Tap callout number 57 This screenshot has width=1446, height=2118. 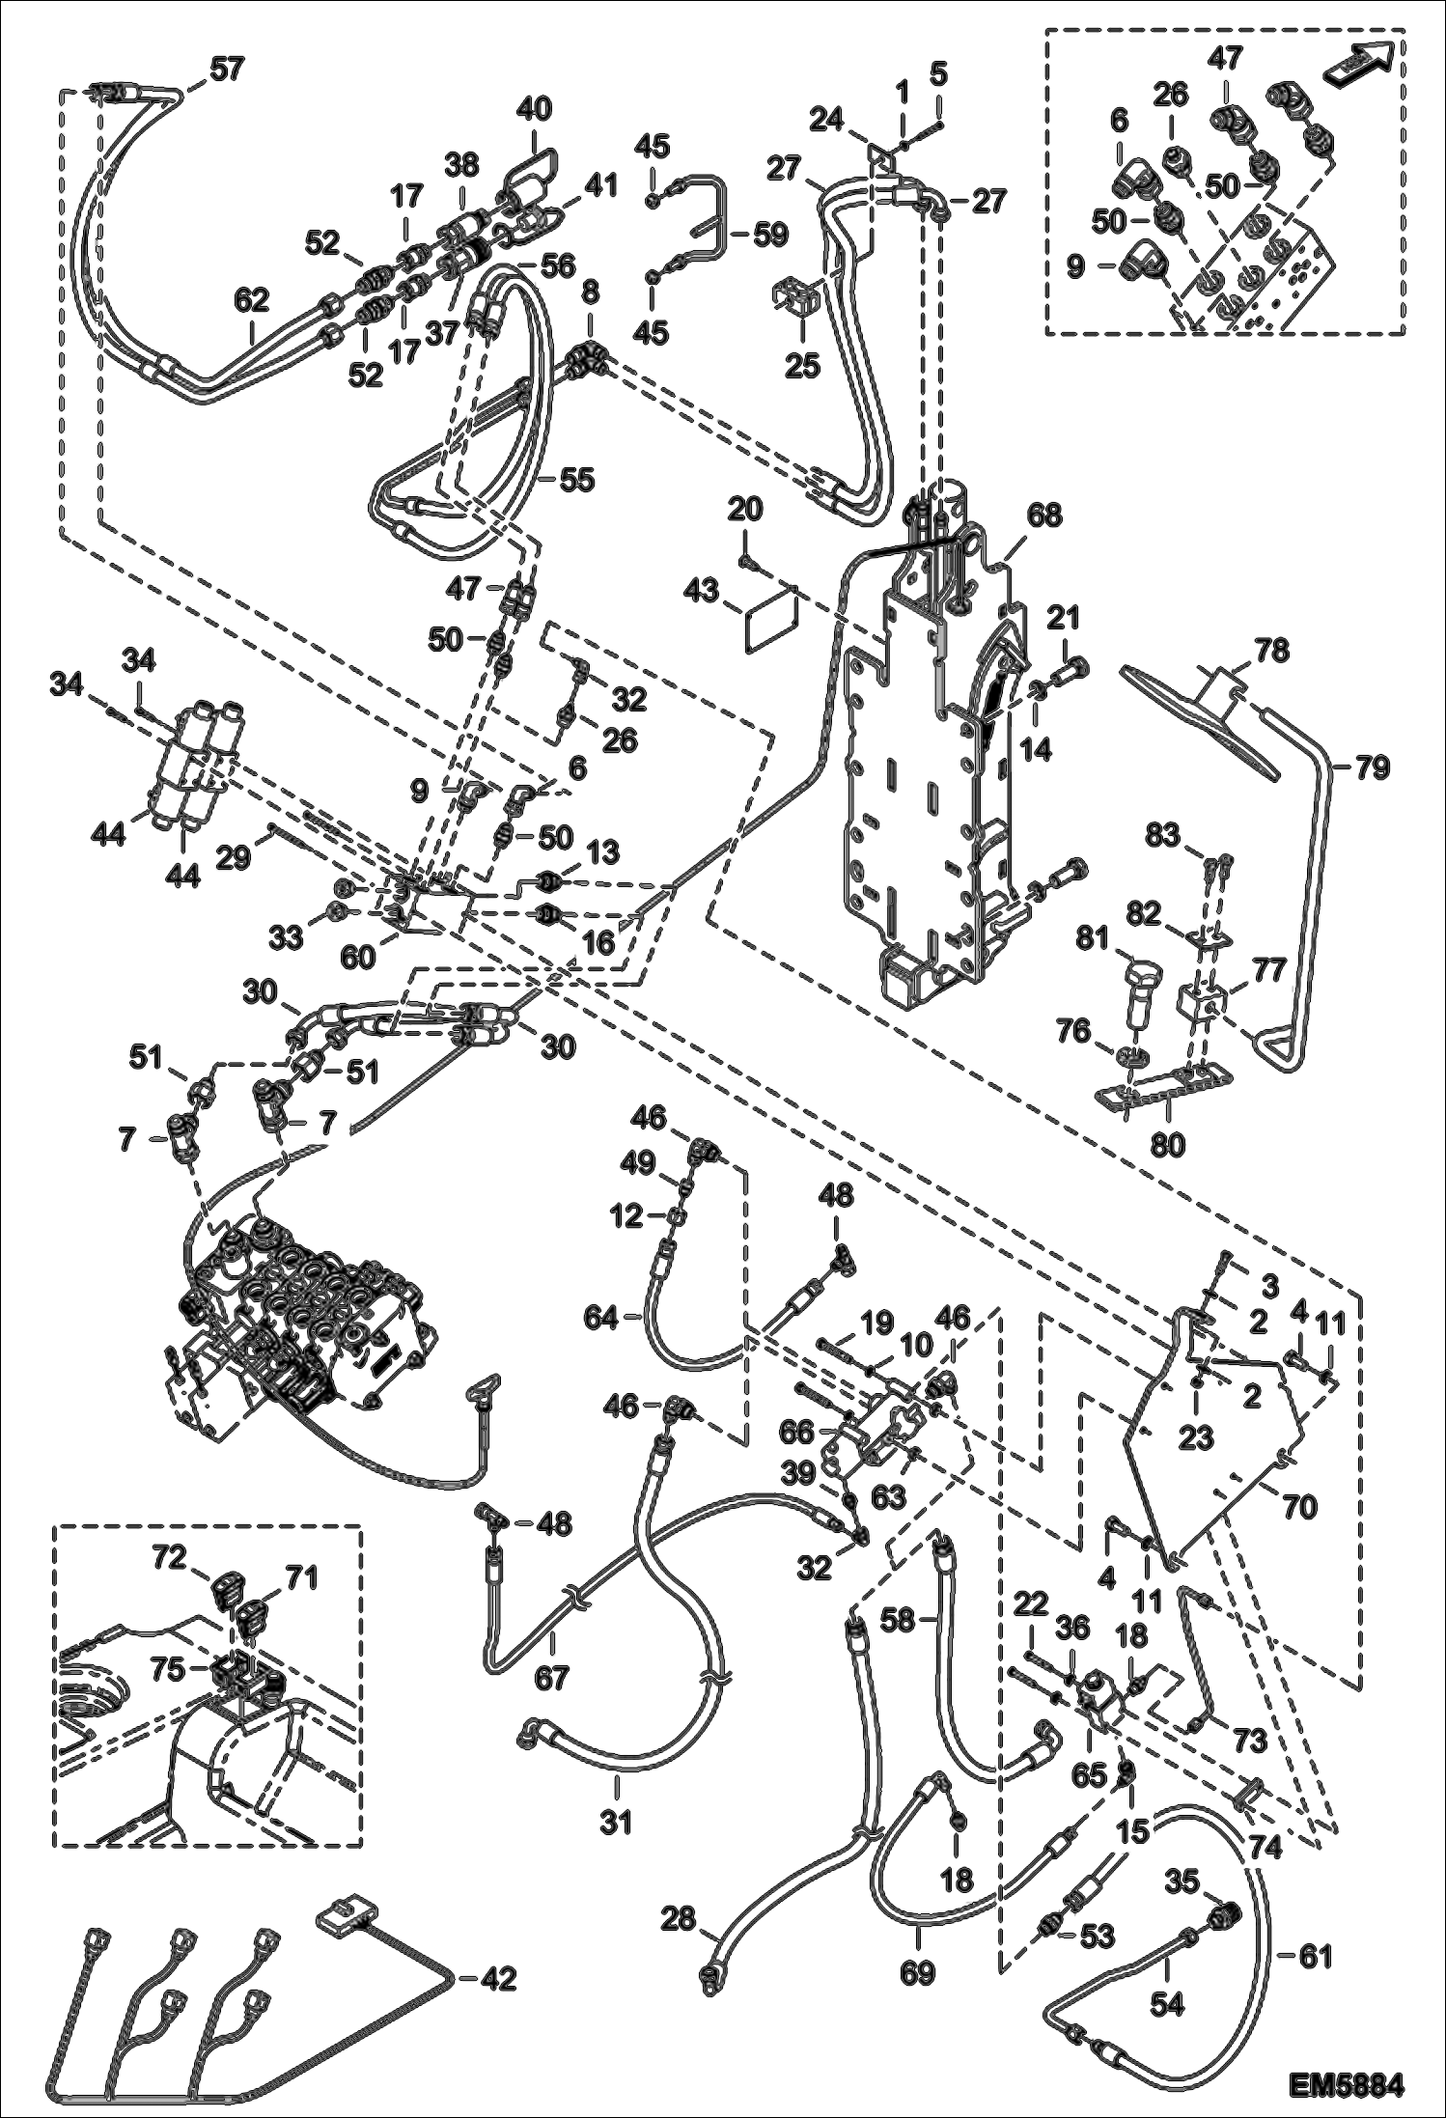coord(227,70)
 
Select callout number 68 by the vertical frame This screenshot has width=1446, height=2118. coord(1042,515)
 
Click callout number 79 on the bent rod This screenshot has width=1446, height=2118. coord(1370,768)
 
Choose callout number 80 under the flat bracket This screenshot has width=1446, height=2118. coord(1168,1144)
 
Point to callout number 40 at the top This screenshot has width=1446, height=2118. coord(533,108)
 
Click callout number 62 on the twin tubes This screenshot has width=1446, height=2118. coord(253,302)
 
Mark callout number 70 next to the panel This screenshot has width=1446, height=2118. coord(1299,1505)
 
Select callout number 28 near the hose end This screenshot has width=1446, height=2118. coord(680,1918)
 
